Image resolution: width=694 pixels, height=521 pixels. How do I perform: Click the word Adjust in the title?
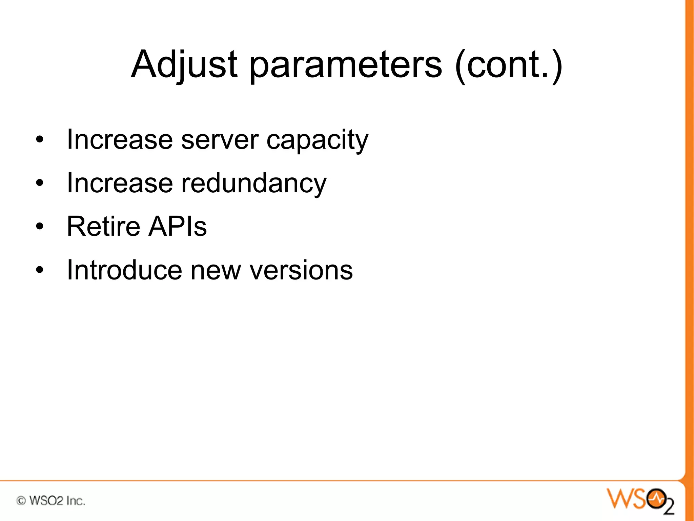coord(184,64)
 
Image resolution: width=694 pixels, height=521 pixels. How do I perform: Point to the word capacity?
coord(317,140)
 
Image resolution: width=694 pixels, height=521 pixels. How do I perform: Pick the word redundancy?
coord(254,183)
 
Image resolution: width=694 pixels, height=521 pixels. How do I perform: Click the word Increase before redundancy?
coord(120,183)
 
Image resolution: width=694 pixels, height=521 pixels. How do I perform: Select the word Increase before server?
coord(120,140)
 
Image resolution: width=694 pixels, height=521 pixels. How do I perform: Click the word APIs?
coord(178,227)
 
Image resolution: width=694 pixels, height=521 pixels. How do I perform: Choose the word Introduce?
coord(125,270)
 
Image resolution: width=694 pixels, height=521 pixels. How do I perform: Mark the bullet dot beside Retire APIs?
coord(40,226)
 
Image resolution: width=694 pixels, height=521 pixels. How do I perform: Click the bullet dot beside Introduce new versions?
coord(40,270)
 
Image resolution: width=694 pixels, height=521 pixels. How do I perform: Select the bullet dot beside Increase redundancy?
coord(40,183)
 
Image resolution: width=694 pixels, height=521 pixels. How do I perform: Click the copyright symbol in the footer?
coord(21,501)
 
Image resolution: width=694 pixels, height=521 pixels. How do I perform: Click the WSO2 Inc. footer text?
coord(57,501)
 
